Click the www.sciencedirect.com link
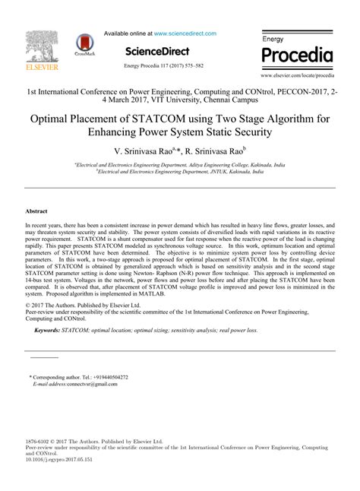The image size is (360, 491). [x=185, y=33]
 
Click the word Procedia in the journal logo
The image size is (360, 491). [x=297, y=55]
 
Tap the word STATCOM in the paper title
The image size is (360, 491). [x=158, y=119]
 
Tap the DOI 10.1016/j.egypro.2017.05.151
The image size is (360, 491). [x=61, y=460]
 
